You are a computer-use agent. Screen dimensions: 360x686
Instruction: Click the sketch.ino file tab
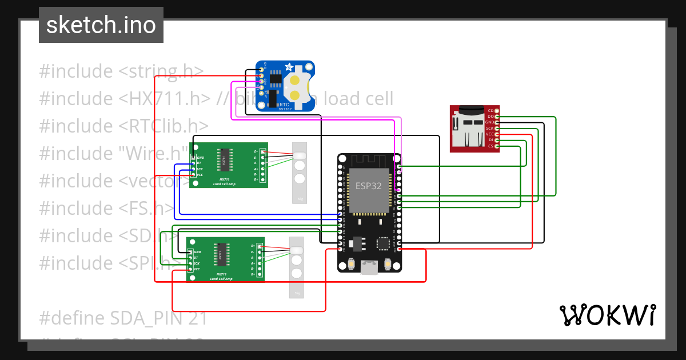coord(101,25)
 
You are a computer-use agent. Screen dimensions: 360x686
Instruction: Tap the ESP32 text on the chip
coord(369,186)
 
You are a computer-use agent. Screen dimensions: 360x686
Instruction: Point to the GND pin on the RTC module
coord(261,70)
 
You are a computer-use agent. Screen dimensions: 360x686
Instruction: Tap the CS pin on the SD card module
coord(497,146)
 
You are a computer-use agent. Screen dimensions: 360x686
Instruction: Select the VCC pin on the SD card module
coord(497,134)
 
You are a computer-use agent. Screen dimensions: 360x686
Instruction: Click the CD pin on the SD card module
coord(497,110)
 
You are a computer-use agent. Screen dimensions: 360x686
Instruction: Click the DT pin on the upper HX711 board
coord(193,163)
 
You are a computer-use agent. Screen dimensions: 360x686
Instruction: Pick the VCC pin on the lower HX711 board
coord(190,269)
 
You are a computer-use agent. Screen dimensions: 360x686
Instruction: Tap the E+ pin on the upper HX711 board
coord(262,151)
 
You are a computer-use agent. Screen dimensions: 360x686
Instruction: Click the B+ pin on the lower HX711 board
coord(260,274)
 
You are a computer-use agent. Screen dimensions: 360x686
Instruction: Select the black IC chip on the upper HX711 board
coord(224,161)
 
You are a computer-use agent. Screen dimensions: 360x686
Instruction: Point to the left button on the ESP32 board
coord(350,264)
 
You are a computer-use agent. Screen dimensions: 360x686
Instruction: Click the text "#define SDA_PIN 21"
coord(123,318)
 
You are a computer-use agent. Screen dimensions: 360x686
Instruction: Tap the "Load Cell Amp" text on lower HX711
coord(221,278)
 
